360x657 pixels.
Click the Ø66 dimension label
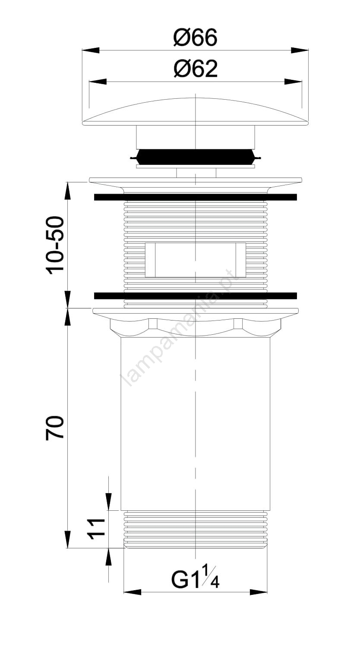coord(195,38)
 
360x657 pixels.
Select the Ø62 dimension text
coord(196,69)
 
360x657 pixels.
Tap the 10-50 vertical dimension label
coord(55,245)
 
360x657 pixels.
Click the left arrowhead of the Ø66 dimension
coord(91,50)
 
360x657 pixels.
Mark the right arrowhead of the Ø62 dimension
coord(293,82)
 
